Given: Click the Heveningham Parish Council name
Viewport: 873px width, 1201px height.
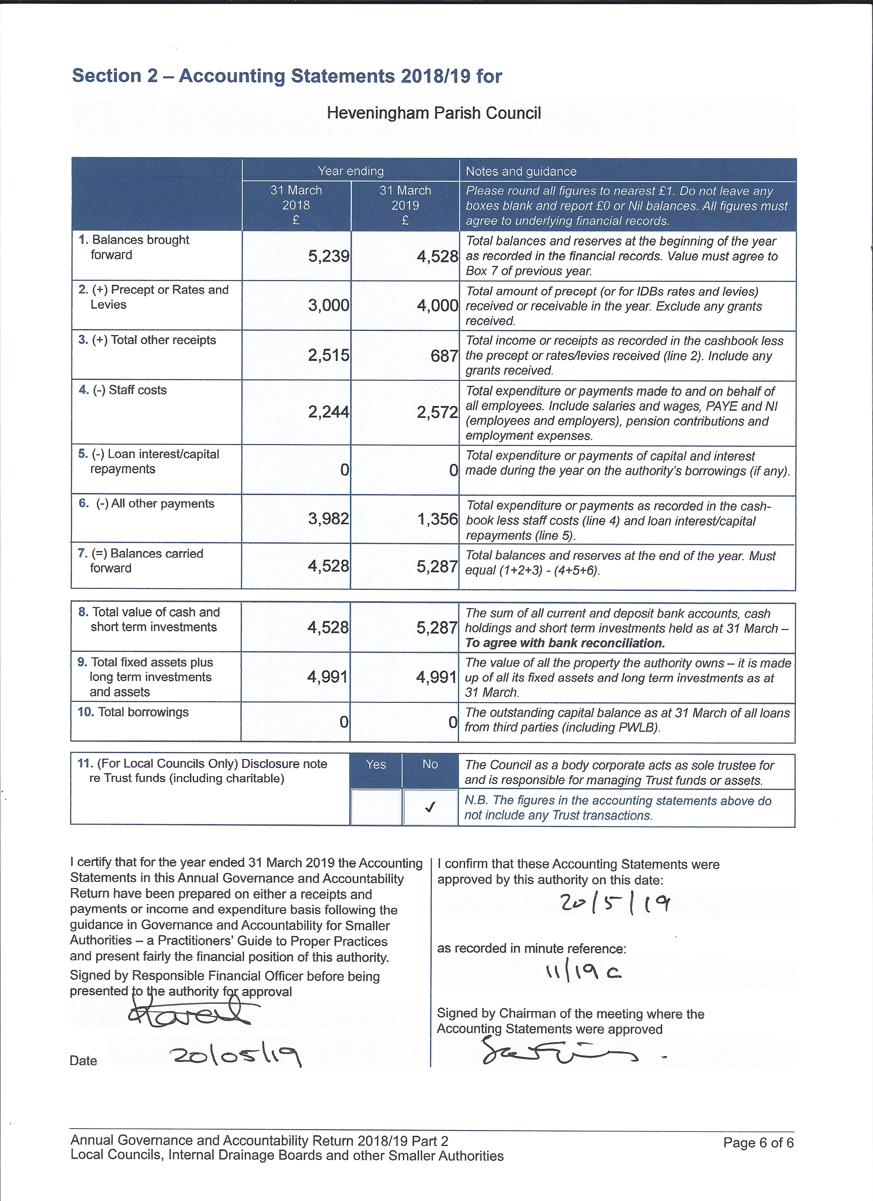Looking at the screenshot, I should coord(433,113).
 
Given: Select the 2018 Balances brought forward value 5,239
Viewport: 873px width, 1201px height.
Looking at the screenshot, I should coord(328,257).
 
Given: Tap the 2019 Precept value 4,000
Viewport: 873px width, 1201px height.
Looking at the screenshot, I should coord(437,305).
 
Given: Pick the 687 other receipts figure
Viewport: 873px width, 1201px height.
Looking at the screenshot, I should coord(444,356).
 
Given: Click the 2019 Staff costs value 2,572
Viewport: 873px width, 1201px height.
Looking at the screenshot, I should coord(437,412).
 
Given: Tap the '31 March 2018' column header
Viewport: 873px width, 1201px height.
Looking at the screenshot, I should coord(296,205).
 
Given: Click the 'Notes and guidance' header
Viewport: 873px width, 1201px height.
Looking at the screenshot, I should coord(521,172).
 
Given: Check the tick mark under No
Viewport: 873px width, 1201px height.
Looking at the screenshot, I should coord(430,807).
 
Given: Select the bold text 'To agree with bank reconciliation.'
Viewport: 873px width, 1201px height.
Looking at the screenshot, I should coord(565,643).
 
